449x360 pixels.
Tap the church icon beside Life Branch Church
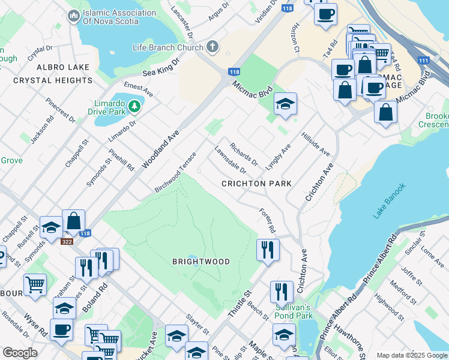212,46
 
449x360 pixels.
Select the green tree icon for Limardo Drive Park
134,106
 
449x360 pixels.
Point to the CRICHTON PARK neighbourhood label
256,184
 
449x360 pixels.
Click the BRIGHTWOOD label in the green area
201,262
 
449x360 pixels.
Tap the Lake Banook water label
390,200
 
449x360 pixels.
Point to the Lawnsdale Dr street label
231,161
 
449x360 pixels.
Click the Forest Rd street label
267,221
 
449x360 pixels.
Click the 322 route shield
67,241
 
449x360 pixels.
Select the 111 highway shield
424,61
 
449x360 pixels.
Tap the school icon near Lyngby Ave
286,104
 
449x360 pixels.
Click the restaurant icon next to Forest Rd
268,248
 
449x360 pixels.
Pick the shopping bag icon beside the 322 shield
73,221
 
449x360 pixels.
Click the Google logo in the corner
19,353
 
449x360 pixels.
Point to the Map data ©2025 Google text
412,355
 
